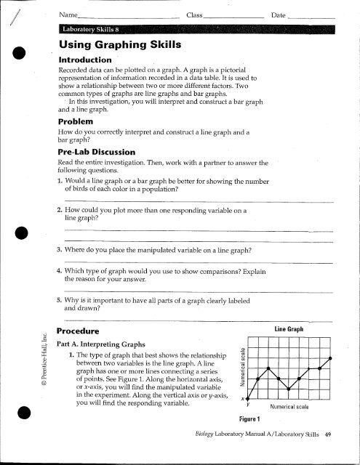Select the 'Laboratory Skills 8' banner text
[95, 29]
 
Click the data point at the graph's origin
[247, 399]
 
